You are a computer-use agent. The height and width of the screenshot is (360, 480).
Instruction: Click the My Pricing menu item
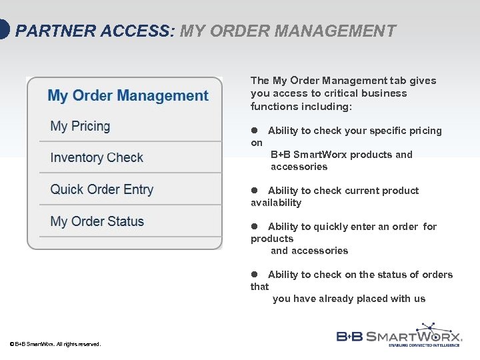[80, 126]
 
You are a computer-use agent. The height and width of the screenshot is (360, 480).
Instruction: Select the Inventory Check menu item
[97, 158]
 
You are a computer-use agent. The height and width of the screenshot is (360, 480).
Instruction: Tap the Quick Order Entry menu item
[101, 189]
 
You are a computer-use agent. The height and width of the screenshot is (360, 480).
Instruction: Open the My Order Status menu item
[97, 221]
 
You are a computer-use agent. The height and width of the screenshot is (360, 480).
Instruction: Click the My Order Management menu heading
[128, 96]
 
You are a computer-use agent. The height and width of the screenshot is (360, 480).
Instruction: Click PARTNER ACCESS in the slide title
[94, 31]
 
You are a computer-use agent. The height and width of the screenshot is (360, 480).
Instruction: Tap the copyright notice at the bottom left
[55, 344]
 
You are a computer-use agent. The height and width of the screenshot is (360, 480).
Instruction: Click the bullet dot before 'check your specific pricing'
[254, 131]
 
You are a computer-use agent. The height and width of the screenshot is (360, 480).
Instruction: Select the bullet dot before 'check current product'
[254, 191]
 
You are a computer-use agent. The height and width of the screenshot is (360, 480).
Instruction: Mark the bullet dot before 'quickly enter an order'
[254, 227]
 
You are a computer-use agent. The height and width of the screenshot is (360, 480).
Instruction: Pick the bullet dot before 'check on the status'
[254, 275]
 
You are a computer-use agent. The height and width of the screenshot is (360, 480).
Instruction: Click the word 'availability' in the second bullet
[276, 203]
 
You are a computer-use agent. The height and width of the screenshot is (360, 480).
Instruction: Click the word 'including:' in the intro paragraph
[329, 107]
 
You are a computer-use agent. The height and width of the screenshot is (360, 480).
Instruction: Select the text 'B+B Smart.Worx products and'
[341, 155]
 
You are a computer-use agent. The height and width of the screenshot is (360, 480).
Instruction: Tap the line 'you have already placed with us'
[349, 299]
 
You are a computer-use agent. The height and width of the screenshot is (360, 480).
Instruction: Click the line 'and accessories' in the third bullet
[309, 251]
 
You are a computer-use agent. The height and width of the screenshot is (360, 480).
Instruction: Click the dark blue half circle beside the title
[4, 30]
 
